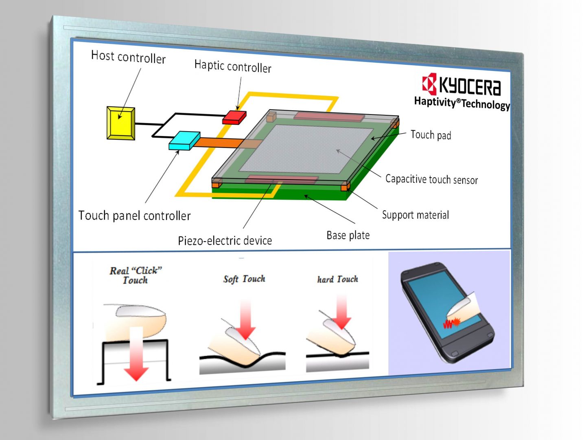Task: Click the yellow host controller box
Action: point(121,123)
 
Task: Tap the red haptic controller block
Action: point(234,117)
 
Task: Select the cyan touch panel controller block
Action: point(184,140)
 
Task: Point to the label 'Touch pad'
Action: point(431,135)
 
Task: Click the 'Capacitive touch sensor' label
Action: point(431,179)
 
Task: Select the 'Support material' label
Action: point(415,215)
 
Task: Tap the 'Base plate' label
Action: point(348,235)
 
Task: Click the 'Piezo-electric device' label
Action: point(225,240)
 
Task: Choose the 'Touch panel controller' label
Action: point(134,216)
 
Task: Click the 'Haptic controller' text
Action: point(233,66)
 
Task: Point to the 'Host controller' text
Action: point(128,57)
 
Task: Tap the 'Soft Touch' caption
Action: point(244,279)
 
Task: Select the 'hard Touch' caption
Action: point(338,279)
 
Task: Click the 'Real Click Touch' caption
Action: point(136,275)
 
